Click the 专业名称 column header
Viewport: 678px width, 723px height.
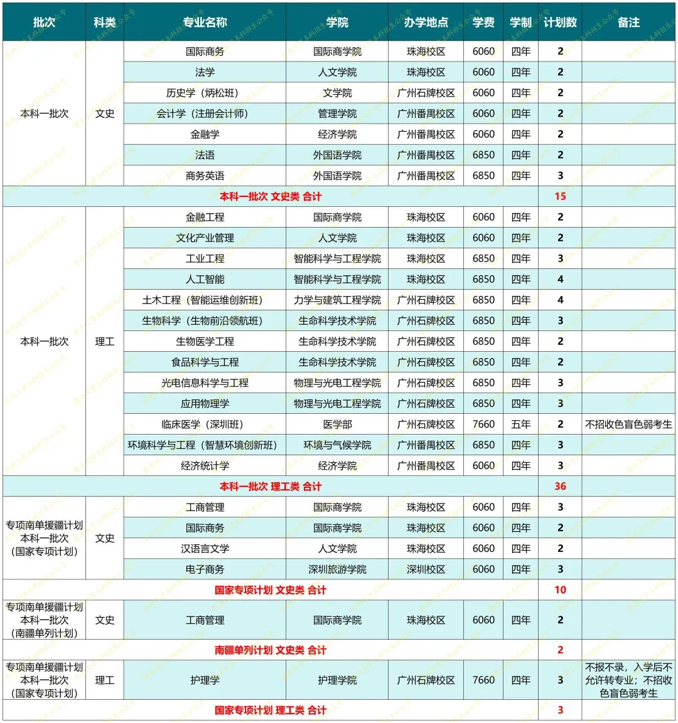[205, 23]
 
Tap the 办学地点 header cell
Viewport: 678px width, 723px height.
[426, 23]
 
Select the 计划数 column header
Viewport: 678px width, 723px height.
[560, 23]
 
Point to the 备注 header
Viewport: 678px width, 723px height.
[628, 23]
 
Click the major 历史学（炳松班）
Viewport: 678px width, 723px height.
[205, 93]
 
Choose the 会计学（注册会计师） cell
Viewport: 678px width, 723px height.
[205, 113]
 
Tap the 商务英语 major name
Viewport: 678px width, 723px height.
[205, 176]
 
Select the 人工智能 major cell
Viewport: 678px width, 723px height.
[205, 279]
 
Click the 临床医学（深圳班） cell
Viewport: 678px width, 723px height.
[205, 424]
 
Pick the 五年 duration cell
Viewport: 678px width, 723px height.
[520, 424]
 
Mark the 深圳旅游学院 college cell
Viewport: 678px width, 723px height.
[337, 569]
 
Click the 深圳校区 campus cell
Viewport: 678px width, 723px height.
[426, 569]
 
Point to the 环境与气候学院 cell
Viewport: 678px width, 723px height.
[337, 445]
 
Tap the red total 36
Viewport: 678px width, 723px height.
[560, 486]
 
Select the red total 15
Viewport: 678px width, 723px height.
[560, 196]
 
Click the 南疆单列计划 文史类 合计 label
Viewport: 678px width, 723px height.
[271, 650]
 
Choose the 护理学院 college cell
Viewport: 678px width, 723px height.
[337, 680]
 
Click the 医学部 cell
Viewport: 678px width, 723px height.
[337, 424]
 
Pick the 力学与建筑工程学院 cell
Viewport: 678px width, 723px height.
[337, 300]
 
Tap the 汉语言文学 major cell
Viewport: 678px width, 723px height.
[205, 549]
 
